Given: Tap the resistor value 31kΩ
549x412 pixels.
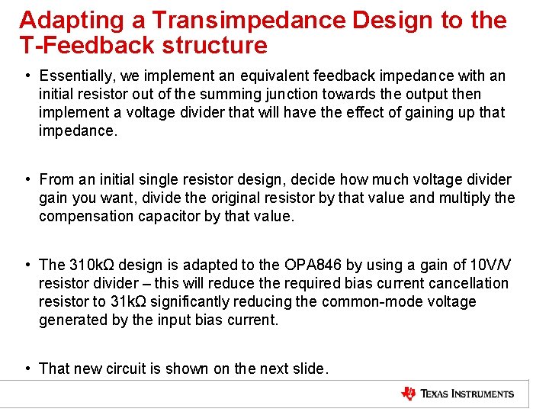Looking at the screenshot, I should pos(125,302).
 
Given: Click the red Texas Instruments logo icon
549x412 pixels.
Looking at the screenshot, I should pos(409,394).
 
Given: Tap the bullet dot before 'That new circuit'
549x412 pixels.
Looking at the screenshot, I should pos(27,369).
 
